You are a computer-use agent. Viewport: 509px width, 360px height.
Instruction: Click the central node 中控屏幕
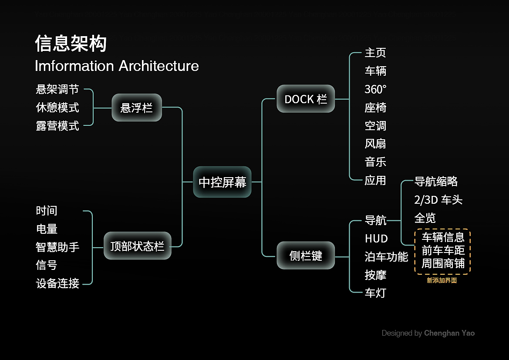[x=222, y=182]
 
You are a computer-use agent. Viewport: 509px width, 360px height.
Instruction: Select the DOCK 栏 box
[x=306, y=99]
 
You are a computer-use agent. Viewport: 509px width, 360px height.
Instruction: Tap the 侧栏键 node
[x=306, y=256]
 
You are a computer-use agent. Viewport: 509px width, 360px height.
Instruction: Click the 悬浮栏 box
[x=137, y=108]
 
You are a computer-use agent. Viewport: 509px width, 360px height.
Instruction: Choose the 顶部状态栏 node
[x=137, y=246]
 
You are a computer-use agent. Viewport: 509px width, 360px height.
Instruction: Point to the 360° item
[x=375, y=89]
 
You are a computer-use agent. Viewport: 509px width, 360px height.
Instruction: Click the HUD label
[x=376, y=239]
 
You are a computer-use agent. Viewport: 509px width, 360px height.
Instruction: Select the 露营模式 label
[x=57, y=126]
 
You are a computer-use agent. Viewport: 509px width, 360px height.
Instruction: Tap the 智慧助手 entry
[x=57, y=247]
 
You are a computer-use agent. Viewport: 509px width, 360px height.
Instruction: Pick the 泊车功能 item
[x=386, y=257]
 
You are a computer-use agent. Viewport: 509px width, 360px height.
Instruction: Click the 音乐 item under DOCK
[x=375, y=162]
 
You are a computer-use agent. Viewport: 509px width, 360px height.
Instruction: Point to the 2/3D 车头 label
[x=438, y=200]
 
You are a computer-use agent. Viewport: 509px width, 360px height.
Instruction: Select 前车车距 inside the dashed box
[x=443, y=250]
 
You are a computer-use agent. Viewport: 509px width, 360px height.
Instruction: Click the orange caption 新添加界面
[x=442, y=281]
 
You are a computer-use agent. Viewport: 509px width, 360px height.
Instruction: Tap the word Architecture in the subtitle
[x=158, y=66]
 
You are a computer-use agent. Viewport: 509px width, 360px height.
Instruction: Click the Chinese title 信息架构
[x=71, y=44]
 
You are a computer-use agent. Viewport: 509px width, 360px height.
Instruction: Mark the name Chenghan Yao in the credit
[x=449, y=333]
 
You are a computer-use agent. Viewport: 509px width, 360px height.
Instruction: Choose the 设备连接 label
[x=57, y=283]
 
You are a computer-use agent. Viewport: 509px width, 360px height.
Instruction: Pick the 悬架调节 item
[x=57, y=89]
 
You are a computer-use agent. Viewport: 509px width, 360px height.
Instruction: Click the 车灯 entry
[x=375, y=293]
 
